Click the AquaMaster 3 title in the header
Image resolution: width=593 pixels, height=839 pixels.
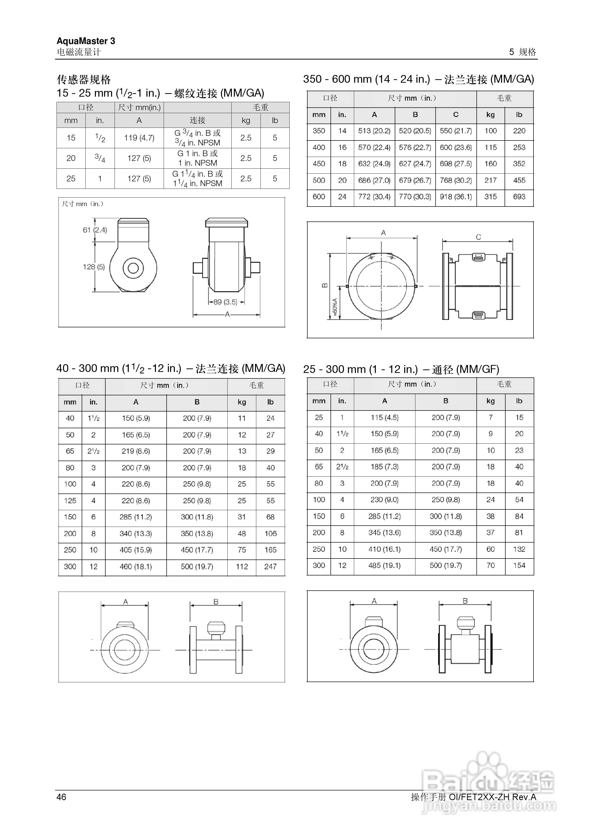pos(86,41)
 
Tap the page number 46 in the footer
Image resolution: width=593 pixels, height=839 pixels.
pos(61,797)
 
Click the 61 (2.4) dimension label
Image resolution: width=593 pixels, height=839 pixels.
pos(95,230)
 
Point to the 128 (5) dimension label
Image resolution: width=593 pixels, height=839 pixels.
pos(94,267)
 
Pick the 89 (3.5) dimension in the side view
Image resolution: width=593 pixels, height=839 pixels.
pos(225,302)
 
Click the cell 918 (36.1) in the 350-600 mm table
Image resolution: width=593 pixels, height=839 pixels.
pos(456,197)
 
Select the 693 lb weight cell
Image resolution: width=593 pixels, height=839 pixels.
pos(519,197)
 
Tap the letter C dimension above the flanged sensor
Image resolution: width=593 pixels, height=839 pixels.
pos(478,237)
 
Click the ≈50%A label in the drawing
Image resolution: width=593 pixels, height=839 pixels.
pos(335,307)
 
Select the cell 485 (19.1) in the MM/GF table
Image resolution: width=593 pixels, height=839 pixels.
pos(384,565)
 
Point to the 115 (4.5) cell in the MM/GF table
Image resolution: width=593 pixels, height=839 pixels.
pos(384,417)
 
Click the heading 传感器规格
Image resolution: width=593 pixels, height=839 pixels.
pos(84,79)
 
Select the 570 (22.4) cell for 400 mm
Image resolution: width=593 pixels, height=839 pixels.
pos(374,147)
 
